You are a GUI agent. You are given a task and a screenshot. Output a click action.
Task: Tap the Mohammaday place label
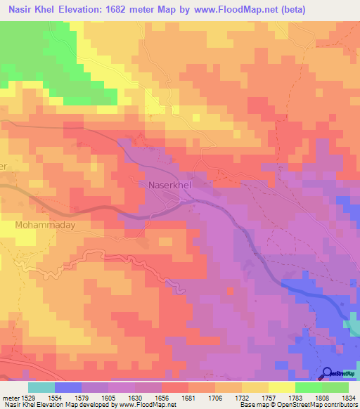(45, 226)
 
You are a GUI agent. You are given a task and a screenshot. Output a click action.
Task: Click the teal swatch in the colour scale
(41, 387)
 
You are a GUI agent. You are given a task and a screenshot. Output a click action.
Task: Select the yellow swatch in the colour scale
(281, 387)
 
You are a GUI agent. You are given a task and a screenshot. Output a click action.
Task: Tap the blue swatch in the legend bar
(68, 387)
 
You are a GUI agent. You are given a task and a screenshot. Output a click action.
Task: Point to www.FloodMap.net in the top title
(239, 10)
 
